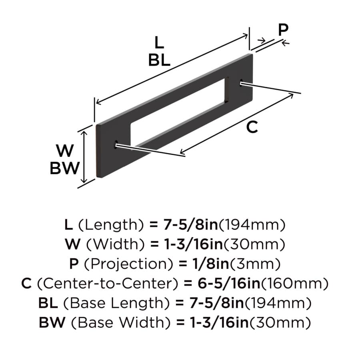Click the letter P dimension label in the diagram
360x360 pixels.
pyautogui.click(x=283, y=30)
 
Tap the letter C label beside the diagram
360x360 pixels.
pyautogui.click(x=252, y=127)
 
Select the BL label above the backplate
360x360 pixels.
pyautogui.click(x=159, y=60)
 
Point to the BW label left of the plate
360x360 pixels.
pyautogui.click(x=64, y=168)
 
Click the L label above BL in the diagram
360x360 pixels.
pyautogui.click(x=159, y=42)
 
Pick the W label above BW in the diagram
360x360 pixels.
pyautogui.click(x=65, y=151)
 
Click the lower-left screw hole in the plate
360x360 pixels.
pyautogui.click(x=116, y=144)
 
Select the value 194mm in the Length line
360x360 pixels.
pyautogui.click(x=252, y=225)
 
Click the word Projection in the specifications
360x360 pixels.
pyautogui.click(x=128, y=264)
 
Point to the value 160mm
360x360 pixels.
pyautogui.click(x=295, y=284)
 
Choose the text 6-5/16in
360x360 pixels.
pyautogui.click(x=229, y=284)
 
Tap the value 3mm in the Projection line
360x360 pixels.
pyautogui.click(x=255, y=264)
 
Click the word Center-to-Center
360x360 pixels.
pyautogui.click(x=107, y=284)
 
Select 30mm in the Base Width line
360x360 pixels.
pyautogui.click(x=280, y=323)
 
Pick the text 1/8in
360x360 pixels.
pyautogui.click(x=210, y=264)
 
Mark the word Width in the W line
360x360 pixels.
pyautogui.click(x=116, y=244)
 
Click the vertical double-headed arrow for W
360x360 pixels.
pyautogui.click(x=84, y=157)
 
